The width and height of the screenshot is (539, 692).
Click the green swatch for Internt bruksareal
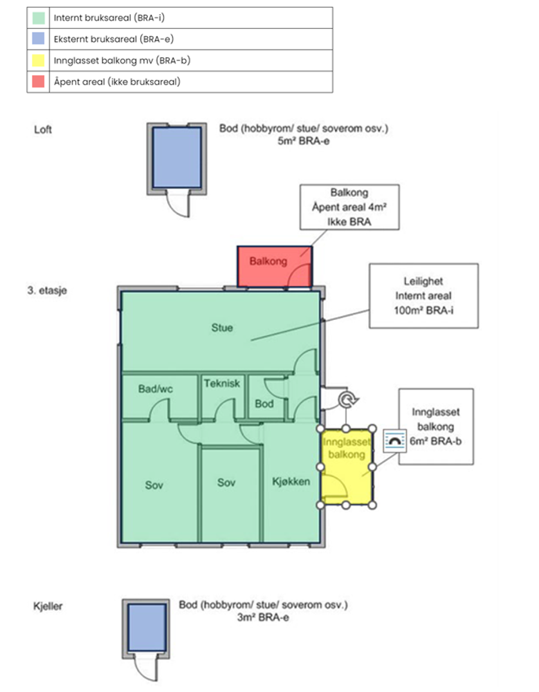pyautogui.click(x=38, y=18)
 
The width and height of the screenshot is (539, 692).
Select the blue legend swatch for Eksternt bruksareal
pyautogui.click(x=38, y=39)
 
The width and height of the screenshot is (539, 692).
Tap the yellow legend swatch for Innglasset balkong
pyautogui.click(x=38, y=61)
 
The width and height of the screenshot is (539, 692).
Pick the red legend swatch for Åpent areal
pyautogui.click(x=38, y=82)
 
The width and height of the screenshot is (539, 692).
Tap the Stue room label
pyautogui.click(x=222, y=328)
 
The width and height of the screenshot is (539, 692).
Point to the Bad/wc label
pyautogui.click(x=156, y=389)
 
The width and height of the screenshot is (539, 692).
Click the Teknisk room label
pyautogui.click(x=222, y=383)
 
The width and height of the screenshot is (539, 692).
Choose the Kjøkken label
pyautogui.click(x=291, y=482)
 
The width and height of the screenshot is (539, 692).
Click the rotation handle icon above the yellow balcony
pyautogui.click(x=347, y=400)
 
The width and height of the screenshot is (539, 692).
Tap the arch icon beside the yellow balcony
pyautogui.click(x=392, y=441)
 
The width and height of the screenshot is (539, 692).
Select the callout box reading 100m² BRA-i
pyautogui.click(x=423, y=295)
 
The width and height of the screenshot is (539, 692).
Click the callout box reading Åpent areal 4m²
pyautogui.click(x=349, y=207)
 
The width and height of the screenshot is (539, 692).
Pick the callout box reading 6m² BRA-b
pyautogui.click(x=435, y=426)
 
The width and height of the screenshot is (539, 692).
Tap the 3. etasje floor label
pyautogui.click(x=48, y=290)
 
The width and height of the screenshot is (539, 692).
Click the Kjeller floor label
pyautogui.click(x=48, y=606)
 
